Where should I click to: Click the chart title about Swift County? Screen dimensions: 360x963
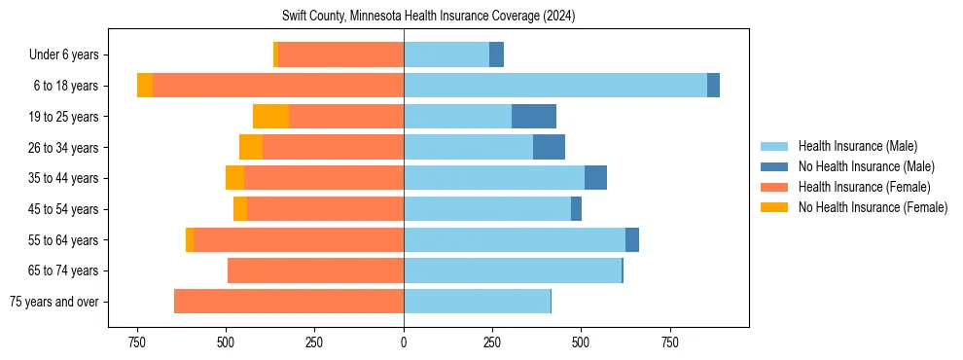[x=429, y=17]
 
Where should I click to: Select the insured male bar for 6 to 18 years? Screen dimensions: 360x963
[x=554, y=86]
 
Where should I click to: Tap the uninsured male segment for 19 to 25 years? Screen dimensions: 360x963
[x=534, y=117]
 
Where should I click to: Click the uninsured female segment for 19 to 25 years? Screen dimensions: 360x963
[x=270, y=117]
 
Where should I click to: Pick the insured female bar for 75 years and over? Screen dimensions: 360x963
[x=289, y=302]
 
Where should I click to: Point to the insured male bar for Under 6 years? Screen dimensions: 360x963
[x=446, y=54]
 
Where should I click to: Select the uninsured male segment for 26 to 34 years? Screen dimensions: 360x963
[x=549, y=147]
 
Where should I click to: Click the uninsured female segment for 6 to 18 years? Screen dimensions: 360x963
[x=145, y=86]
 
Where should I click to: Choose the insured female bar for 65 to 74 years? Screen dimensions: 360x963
[x=315, y=270]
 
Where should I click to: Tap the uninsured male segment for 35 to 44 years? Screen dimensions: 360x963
[x=595, y=178]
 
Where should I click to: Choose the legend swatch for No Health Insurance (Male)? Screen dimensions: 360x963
[x=774, y=167]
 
